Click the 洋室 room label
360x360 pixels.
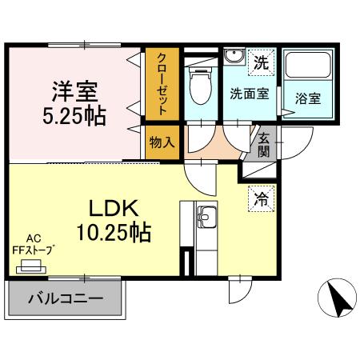(x=75, y=91)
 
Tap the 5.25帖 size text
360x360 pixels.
(x=74, y=117)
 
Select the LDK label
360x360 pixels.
(x=114, y=208)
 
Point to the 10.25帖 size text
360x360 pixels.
(x=114, y=232)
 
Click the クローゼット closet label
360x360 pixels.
(x=162, y=84)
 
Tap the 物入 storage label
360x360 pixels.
(x=162, y=142)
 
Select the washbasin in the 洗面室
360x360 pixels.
(x=234, y=56)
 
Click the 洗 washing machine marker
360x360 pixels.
(x=261, y=62)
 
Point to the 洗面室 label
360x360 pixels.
(x=250, y=94)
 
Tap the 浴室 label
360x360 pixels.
(x=308, y=98)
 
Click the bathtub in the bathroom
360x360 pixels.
(x=308, y=65)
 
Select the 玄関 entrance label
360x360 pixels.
(x=263, y=145)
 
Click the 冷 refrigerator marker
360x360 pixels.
(x=261, y=199)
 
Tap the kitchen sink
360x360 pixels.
(x=206, y=217)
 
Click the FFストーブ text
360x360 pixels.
(x=32, y=250)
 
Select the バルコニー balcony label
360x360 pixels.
(x=66, y=298)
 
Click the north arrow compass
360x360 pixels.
(x=337, y=298)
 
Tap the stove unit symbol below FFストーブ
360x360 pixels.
(x=31, y=266)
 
